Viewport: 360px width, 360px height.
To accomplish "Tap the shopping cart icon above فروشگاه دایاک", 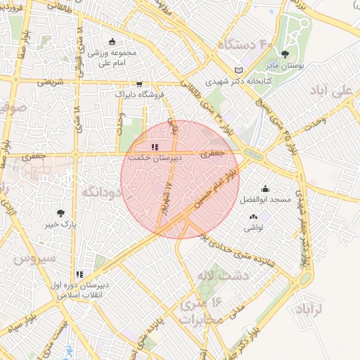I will (x=139, y=83).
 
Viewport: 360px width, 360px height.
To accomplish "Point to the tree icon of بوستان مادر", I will (x=285, y=53).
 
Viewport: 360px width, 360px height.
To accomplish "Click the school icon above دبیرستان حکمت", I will (x=155, y=147).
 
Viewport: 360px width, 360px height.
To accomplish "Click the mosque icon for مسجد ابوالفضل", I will (x=265, y=188).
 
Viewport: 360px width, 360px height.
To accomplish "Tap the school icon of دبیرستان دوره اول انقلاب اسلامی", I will (x=79, y=274).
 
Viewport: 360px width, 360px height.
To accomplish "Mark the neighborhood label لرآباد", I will (x=309, y=309).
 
